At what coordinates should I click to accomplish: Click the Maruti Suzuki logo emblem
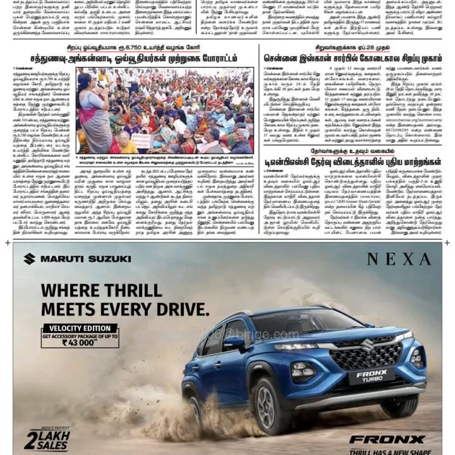point(29,259)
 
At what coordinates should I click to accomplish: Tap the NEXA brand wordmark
point(399,259)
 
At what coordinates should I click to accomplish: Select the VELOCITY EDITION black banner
point(80,328)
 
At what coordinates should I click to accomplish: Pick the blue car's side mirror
point(233,342)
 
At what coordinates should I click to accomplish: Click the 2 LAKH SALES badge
point(48,439)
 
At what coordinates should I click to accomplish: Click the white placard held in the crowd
point(141,141)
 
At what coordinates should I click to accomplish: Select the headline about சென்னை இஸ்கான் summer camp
point(352,58)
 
